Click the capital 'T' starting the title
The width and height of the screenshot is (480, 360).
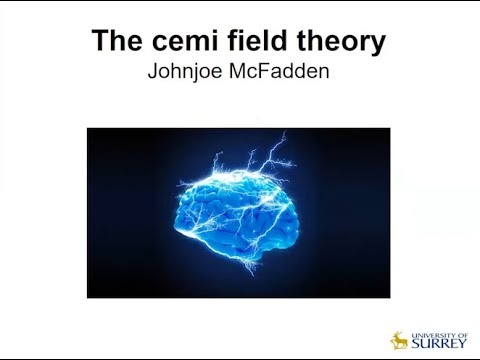[100, 42]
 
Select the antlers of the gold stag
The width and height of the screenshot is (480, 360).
[400, 334]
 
